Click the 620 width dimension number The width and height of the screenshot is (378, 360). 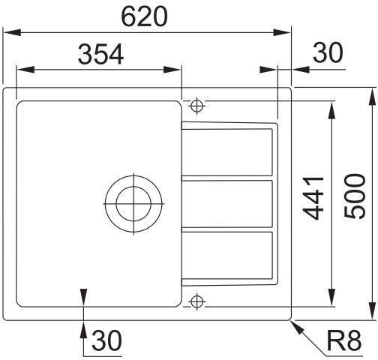(x=144, y=16)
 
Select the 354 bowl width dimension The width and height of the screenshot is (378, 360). (x=100, y=54)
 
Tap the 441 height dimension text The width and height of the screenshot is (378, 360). (x=313, y=198)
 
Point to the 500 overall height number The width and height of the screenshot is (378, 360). (x=355, y=196)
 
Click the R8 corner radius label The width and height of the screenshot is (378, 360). (x=344, y=340)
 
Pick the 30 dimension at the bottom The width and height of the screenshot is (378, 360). (x=106, y=340)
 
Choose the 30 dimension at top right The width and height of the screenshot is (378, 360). (x=328, y=52)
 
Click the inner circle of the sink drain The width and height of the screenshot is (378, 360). (x=133, y=204)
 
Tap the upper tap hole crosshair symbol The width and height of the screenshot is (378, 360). (x=197, y=106)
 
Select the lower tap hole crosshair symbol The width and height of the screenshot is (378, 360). (x=197, y=301)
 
